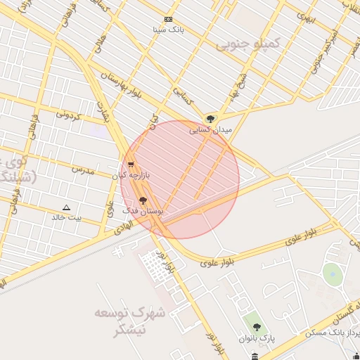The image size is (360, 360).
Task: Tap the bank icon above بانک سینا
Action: (x=169, y=19)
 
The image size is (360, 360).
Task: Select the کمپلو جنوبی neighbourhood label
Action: (x=247, y=44)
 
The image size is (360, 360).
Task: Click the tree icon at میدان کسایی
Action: (x=210, y=118)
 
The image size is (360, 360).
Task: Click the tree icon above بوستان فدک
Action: (x=143, y=200)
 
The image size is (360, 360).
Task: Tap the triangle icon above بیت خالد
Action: (x=67, y=207)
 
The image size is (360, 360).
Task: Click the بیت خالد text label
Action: (x=67, y=218)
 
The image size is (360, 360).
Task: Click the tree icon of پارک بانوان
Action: (x=256, y=327)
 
